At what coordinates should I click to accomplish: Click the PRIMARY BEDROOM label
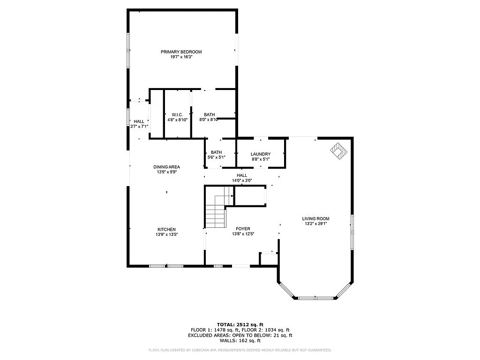[181, 52]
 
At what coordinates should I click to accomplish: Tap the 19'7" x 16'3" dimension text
[181, 57]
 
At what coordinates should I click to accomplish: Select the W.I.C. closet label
[177, 114]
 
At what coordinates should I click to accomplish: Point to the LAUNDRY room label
[260, 154]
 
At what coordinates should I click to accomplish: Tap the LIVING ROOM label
[315, 218]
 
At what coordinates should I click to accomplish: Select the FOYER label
[243, 229]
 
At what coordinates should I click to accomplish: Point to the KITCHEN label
[166, 229]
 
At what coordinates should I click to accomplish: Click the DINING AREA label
[166, 167]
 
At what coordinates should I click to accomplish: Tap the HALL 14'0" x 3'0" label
[241, 178]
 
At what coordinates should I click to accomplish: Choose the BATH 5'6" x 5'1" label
[216, 155]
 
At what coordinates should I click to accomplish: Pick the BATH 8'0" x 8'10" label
[209, 117]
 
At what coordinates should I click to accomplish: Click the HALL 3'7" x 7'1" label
[139, 124]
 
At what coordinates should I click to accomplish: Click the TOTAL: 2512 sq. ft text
[240, 324]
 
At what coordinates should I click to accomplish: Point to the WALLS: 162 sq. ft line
[240, 341]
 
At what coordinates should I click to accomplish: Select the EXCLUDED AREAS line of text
[240, 335]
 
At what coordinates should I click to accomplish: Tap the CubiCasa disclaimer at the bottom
[240, 350]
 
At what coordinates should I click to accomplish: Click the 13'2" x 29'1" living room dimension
[315, 224]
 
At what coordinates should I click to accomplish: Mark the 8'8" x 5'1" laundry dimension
[260, 159]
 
